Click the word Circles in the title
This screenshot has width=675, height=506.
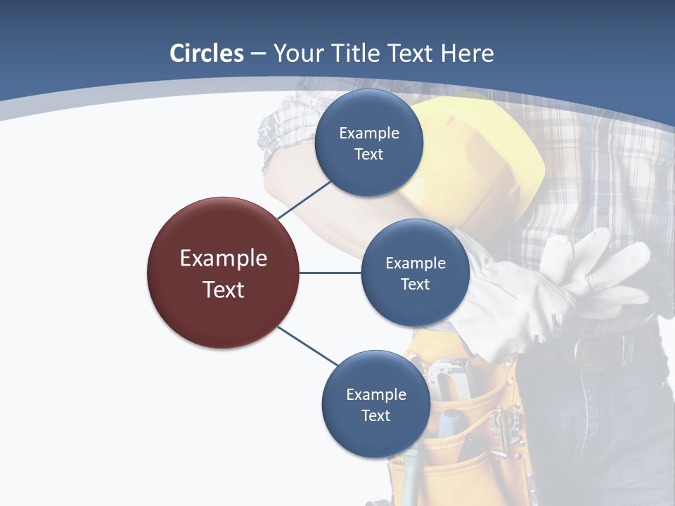(x=206, y=53)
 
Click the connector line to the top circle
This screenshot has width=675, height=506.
(x=304, y=199)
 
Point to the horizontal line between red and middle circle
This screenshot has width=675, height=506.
(x=330, y=273)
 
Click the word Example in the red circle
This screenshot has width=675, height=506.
(x=224, y=259)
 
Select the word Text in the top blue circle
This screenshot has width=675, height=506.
(x=369, y=154)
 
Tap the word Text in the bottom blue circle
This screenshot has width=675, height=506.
(x=375, y=415)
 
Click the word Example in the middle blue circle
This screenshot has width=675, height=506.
(x=416, y=263)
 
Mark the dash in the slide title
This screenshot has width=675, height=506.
(x=257, y=53)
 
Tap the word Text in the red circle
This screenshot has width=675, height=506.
(x=224, y=290)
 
